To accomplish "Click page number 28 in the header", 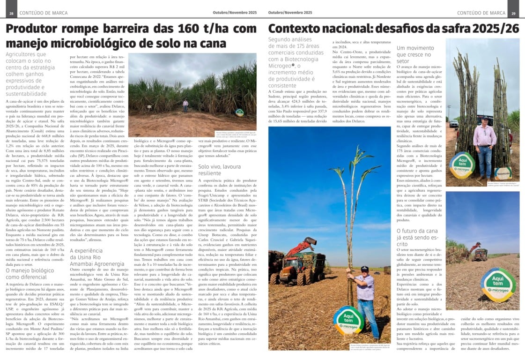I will coord(11,13).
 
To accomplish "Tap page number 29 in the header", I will coord(514,13).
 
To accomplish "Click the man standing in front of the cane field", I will coord(185,105).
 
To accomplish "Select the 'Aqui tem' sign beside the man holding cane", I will coord(349,320).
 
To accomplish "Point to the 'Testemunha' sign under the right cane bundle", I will coord(503,172).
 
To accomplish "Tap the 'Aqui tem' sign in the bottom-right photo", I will coord(498,284).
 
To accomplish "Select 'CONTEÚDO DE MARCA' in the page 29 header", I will coord(481,13).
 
